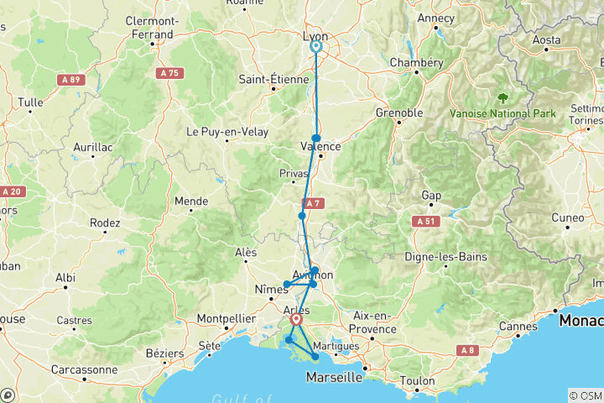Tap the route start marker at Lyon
coord(316,47)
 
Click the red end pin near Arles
coord(296,320)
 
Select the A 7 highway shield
coord(313,203)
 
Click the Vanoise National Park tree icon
coord(502,97)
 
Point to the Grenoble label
coord(398,112)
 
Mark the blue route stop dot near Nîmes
coord(287,285)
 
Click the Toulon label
coord(418,381)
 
